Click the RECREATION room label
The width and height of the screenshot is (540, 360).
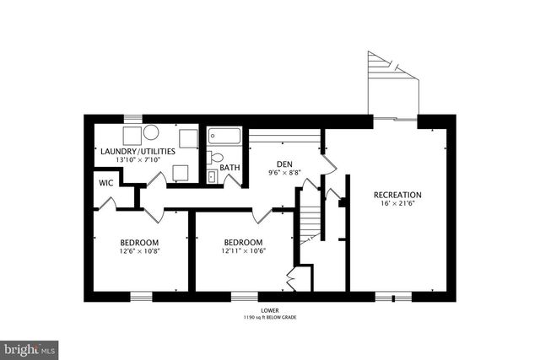tap(397, 196)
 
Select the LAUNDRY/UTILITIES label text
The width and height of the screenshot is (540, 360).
tap(138, 152)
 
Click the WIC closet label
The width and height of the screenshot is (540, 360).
tap(106, 182)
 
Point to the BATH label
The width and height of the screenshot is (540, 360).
tap(229, 168)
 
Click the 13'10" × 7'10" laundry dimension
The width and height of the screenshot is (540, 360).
tap(138, 161)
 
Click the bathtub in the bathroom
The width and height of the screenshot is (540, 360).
tap(224, 136)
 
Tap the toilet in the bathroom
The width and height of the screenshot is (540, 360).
tap(216, 158)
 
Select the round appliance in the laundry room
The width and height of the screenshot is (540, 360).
tap(151, 132)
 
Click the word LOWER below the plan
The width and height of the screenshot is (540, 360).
tap(270, 310)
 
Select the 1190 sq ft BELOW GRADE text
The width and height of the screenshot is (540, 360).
tap(270, 318)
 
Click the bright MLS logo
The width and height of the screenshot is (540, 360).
tap(30, 347)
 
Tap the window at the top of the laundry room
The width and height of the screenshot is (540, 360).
tap(132, 118)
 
